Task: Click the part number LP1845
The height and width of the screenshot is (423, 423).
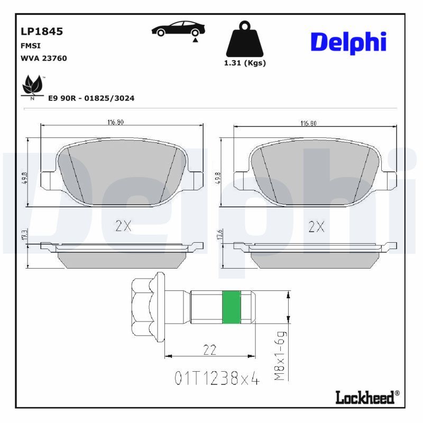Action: click(x=41, y=31)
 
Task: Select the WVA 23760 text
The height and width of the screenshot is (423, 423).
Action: click(x=43, y=58)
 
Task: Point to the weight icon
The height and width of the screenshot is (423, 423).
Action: click(x=244, y=39)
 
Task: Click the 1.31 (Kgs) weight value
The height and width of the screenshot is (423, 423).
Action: click(x=245, y=62)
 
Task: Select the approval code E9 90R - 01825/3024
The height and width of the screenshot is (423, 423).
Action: click(x=91, y=98)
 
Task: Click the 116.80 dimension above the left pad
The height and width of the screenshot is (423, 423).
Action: click(x=115, y=122)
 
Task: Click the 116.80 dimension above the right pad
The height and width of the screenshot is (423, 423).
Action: click(x=309, y=123)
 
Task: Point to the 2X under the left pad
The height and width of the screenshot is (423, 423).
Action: click(x=123, y=226)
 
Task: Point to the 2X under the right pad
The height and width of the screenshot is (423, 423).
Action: click(x=316, y=227)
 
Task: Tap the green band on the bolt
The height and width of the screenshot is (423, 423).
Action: click(x=231, y=307)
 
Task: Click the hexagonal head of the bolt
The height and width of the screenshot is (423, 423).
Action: click(x=143, y=307)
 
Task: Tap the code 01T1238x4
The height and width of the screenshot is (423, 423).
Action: click(x=217, y=379)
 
